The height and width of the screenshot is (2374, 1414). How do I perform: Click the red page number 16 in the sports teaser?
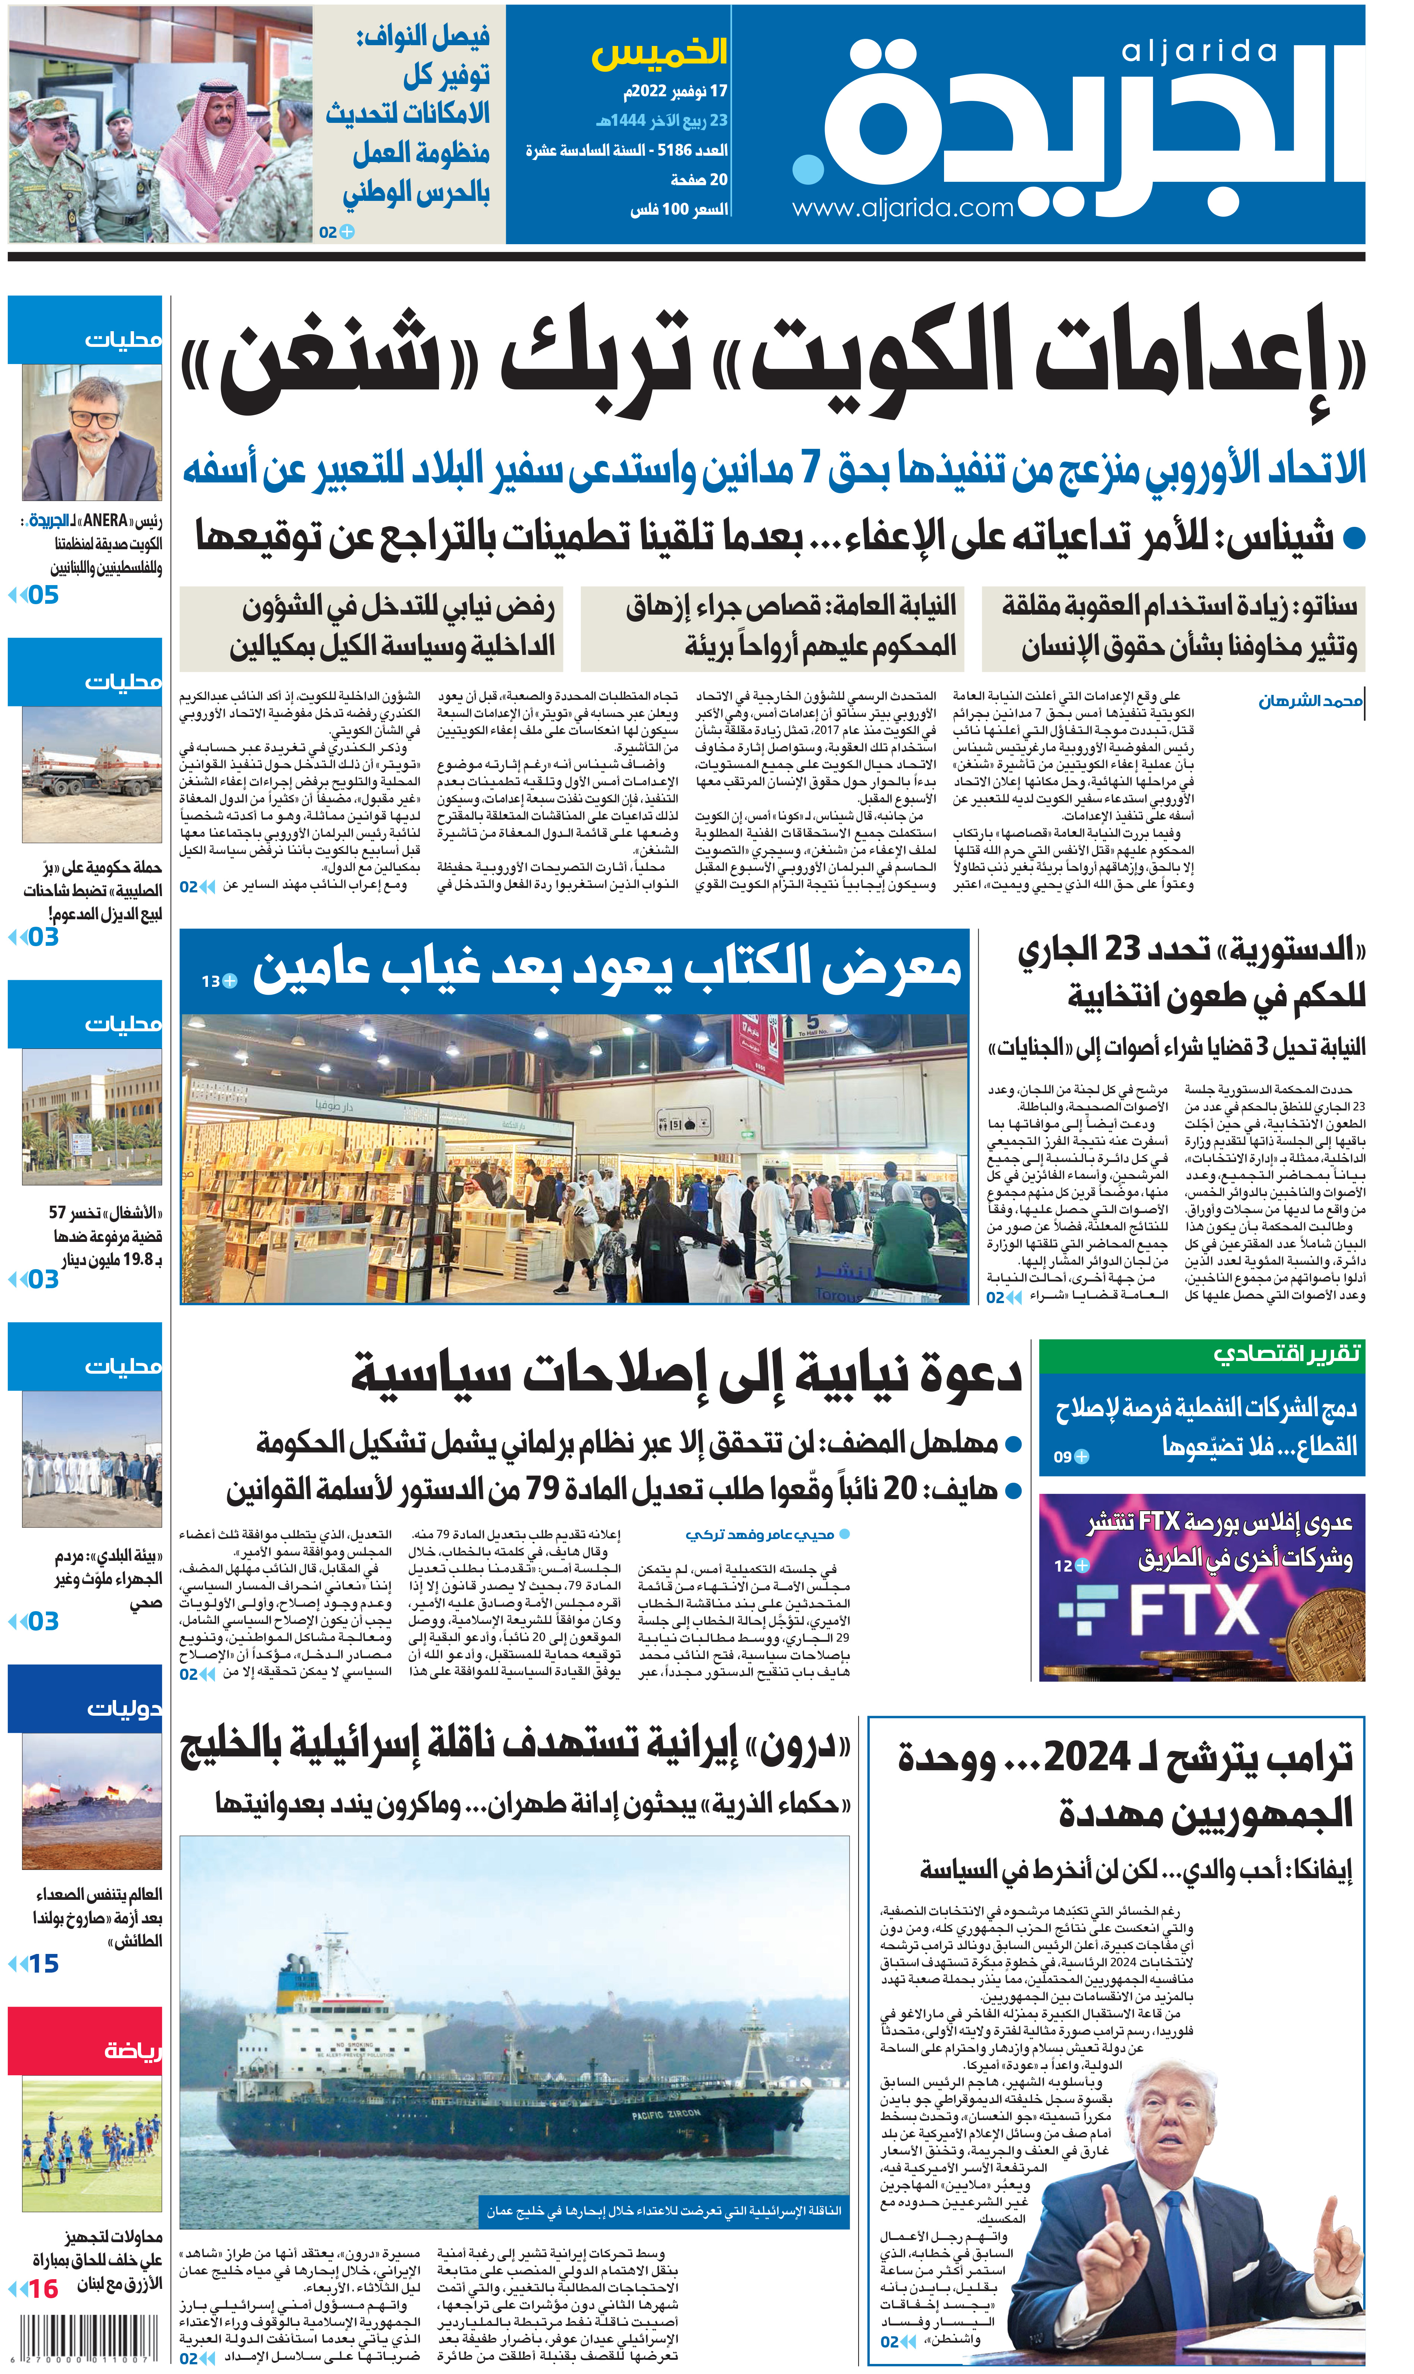click(x=43, y=2289)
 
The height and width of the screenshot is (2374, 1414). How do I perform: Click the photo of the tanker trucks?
click(x=91, y=774)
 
